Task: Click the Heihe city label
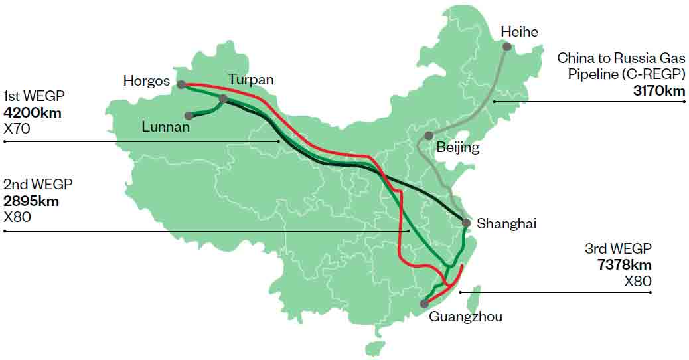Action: click(519, 31)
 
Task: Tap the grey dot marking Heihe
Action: click(507, 46)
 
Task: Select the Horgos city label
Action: click(147, 80)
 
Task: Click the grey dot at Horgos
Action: click(181, 84)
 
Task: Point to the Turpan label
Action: click(251, 80)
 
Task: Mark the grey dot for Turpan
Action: click(223, 99)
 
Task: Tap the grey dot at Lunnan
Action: click(189, 116)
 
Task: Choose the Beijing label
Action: click(457, 148)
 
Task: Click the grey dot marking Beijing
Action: click(429, 135)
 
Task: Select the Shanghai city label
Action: click(506, 224)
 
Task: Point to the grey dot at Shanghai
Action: click(466, 223)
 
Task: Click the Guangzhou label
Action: click(465, 317)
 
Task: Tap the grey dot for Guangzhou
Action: click(424, 304)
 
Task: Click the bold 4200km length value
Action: click(33, 112)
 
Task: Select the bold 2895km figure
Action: click(31, 201)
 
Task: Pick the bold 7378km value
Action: click(624, 266)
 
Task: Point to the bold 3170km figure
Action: click(659, 90)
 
